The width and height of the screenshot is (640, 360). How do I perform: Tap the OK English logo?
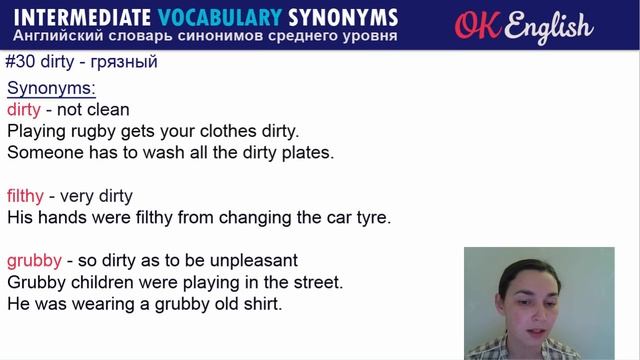[x=523, y=26]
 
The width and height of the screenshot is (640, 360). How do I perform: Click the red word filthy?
[x=27, y=196]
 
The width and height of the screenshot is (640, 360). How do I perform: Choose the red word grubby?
[x=34, y=261]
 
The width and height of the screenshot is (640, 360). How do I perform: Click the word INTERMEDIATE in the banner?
[x=78, y=18]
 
